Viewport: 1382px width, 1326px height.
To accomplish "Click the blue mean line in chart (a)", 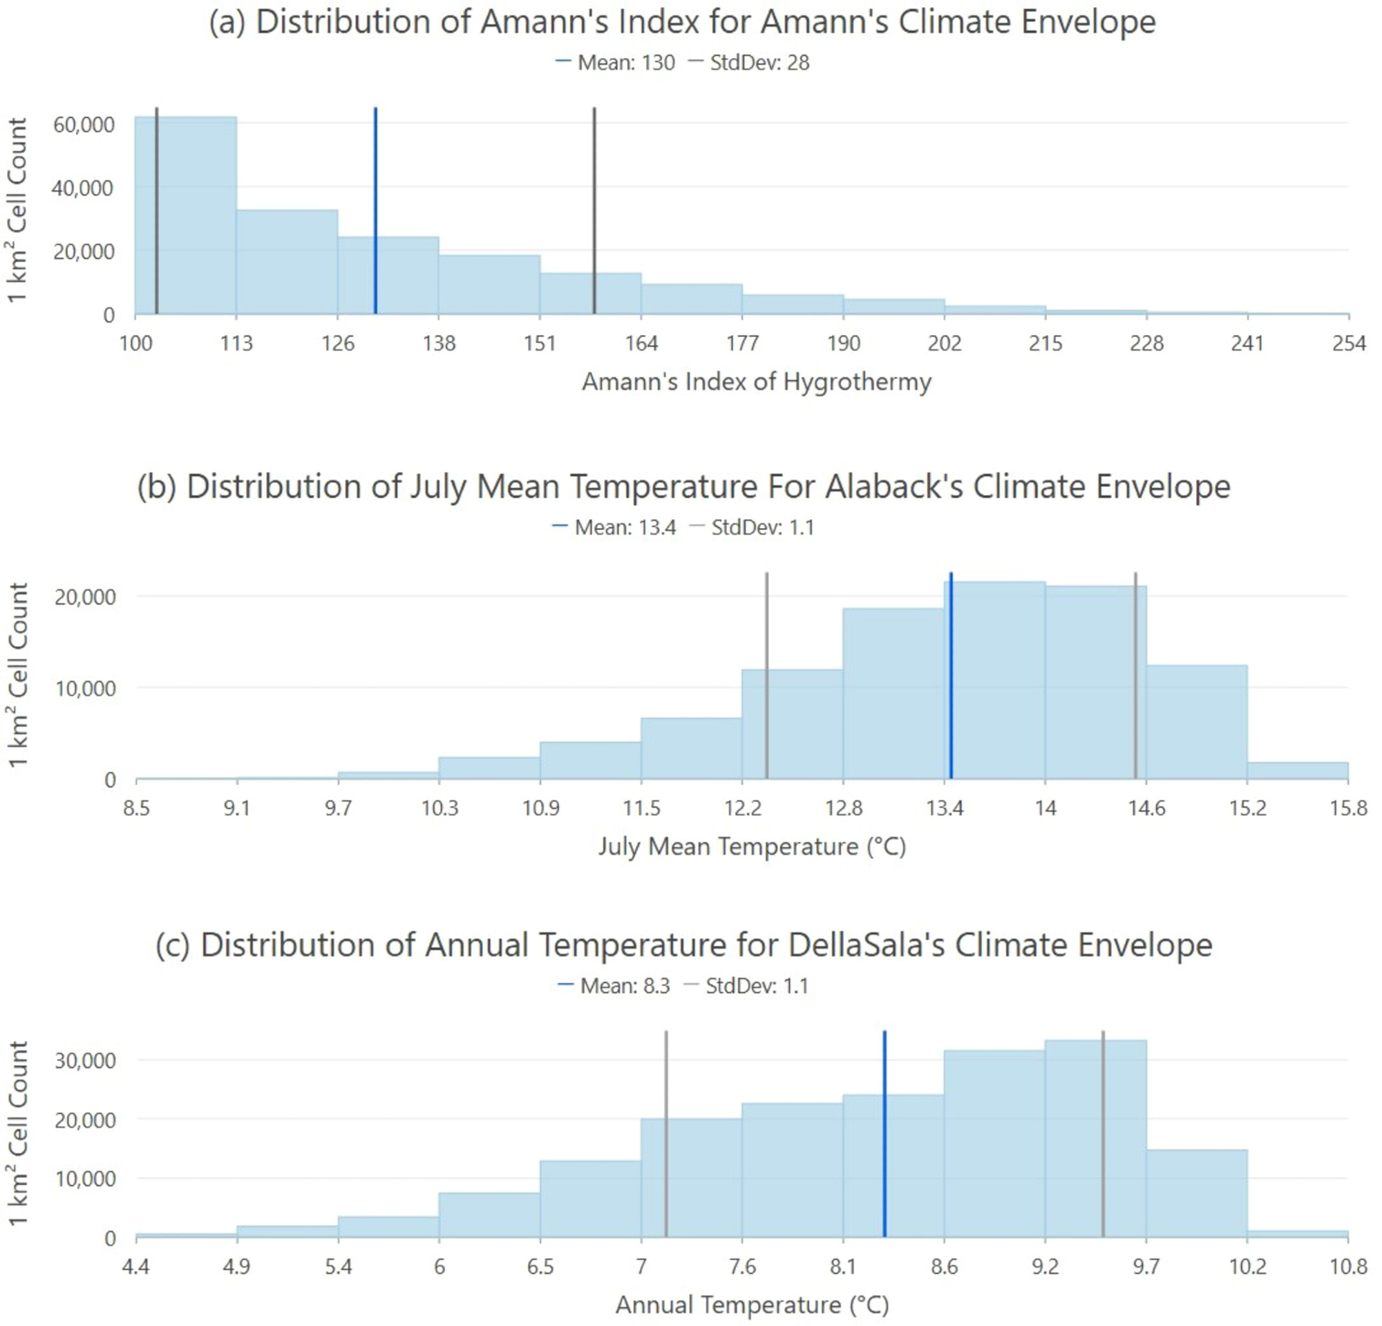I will (x=375, y=211).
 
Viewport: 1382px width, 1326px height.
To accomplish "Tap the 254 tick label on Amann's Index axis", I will (x=1349, y=344).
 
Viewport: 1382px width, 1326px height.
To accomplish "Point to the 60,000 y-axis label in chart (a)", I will (x=84, y=125).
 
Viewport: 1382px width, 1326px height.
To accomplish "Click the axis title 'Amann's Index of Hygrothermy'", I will (x=756, y=382).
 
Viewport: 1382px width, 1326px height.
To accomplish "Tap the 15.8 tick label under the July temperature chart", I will (x=1349, y=808).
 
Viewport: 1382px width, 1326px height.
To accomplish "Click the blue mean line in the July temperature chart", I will (x=952, y=676).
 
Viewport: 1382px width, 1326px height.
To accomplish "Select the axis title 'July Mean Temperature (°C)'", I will (x=752, y=846).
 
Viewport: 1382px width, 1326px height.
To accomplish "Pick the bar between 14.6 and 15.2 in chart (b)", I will (x=1197, y=723).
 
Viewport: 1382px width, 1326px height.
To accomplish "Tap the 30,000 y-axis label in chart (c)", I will (x=84, y=1061).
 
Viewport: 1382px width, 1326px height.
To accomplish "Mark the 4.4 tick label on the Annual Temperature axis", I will (x=135, y=1267).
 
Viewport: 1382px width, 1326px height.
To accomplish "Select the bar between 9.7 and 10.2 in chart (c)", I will (x=1197, y=1194).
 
